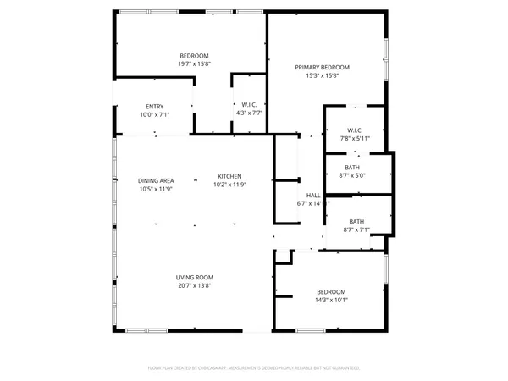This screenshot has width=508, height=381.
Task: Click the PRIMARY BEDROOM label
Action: coord(322,67)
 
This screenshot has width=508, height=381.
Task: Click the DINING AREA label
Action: coord(156,180)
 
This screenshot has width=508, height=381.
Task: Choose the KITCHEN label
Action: coord(229,176)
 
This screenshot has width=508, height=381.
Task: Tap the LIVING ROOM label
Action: coord(194,278)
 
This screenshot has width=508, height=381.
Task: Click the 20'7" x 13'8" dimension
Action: coord(194,286)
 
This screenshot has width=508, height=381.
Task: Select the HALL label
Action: coord(313,195)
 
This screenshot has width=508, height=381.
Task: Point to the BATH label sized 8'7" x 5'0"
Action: coord(351,168)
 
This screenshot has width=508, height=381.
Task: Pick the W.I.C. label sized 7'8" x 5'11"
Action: coord(355,130)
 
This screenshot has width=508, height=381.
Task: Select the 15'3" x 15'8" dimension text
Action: coord(322,75)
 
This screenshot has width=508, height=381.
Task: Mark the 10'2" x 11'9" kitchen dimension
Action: coord(229,185)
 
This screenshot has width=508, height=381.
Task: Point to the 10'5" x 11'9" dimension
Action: coord(156,189)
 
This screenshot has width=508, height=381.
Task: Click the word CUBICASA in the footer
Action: coord(212,368)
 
